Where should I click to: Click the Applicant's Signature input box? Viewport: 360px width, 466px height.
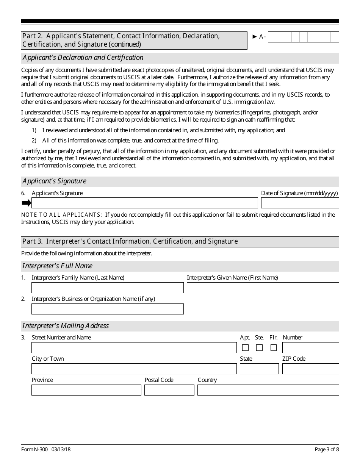pyautogui.click(x=144, y=203)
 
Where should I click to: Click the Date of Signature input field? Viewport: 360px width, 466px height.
pyautogui.click(x=300, y=203)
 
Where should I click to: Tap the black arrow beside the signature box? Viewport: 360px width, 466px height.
pyautogui.click(x=26, y=203)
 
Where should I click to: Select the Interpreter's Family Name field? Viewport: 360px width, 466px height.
pyautogui.click(x=107, y=288)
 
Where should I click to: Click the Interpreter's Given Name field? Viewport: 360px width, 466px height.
pyautogui.click(x=263, y=288)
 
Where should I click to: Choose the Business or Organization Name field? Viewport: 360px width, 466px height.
pyautogui.click(x=107, y=309)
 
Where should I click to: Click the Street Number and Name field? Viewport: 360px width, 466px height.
pyautogui.click(x=134, y=348)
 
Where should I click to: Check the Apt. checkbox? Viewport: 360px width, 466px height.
pyautogui.click(x=246, y=348)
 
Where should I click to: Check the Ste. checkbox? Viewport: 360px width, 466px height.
pyautogui.click(x=260, y=348)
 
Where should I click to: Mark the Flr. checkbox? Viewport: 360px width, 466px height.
pyautogui.click(x=274, y=348)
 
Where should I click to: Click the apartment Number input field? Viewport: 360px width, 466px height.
pyautogui.click(x=310, y=348)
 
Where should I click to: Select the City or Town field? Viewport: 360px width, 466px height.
pyautogui.click(x=134, y=369)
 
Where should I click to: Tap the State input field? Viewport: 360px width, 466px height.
pyautogui.click(x=259, y=369)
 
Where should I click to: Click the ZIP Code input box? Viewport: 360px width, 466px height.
pyautogui.click(x=310, y=369)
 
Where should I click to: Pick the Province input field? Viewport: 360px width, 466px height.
pyautogui.click(x=86, y=390)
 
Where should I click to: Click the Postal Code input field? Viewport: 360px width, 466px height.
pyautogui.click(x=169, y=390)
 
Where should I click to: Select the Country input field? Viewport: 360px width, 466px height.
pyautogui.click(x=268, y=390)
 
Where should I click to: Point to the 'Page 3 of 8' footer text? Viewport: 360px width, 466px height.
pyautogui.click(x=327, y=450)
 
